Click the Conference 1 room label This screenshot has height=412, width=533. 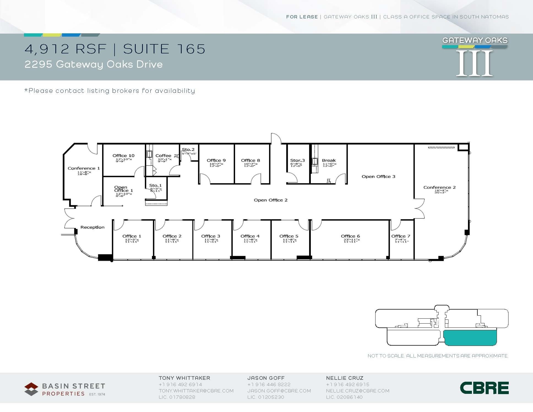click(84, 168)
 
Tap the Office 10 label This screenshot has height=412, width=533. click(123, 156)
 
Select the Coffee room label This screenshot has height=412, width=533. click(163, 156)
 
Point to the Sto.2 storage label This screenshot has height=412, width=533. click(188, 150)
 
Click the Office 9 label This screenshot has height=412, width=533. click(216, 160)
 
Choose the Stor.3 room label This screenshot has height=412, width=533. click(297, 160)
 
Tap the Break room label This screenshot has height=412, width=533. click(329, 160)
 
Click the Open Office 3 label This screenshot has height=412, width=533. click(378, 177)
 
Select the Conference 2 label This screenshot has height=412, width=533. click(439, 187)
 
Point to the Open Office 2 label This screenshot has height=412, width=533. click(270, 200)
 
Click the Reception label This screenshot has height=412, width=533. click(92, 227)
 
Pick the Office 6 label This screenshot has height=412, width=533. click(350, 236)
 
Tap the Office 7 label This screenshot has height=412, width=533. click(401, 236)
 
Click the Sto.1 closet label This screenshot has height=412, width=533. click(155, 186)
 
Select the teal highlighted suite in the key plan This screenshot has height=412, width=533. click(470, 338)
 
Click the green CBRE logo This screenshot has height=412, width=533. click(484, 388)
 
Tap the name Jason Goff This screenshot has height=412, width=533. click(266, 378)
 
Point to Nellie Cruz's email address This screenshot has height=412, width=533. click(358, 391)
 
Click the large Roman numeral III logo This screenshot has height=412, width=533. click(474, 63)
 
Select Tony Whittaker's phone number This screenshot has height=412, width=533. click(180, 384)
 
